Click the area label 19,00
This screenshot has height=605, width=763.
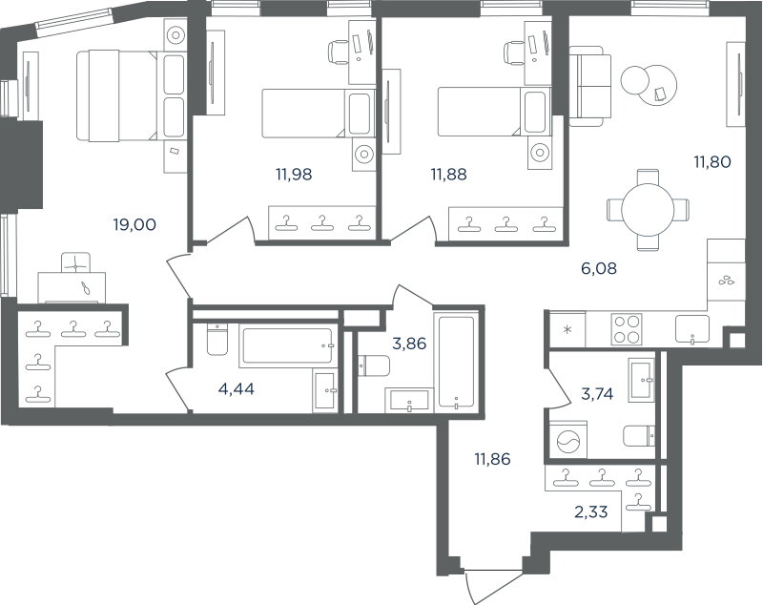[134, 225]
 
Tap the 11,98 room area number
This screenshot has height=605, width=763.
[294, 174]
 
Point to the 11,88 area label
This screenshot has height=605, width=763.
[448, 174]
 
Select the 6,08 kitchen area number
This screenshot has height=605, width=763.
[599, 268]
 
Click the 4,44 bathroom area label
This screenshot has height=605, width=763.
[236, 389]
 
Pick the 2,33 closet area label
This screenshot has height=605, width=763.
[590, 512]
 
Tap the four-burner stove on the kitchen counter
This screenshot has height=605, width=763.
[627, 329]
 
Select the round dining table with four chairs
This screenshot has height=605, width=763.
[648, 210]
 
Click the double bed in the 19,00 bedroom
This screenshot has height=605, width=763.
[131, 95]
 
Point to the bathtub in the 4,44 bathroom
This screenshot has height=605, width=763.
[288, 345]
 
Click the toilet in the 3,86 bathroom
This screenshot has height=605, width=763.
[374, 365]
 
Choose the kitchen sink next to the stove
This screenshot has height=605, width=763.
[692, 329]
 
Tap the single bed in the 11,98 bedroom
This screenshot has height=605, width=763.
[319, 113]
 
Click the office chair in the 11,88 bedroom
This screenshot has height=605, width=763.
[514, 52]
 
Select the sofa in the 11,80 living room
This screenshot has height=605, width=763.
[589, 86]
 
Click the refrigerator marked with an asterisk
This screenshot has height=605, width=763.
[567, 329]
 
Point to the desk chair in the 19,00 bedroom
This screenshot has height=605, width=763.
[76, 262]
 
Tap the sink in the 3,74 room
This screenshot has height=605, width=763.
[641, 380]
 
